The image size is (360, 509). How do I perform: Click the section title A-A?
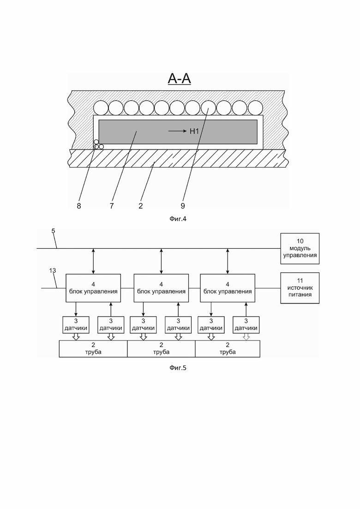(179, 78)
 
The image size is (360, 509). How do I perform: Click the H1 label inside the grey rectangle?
(194, 131)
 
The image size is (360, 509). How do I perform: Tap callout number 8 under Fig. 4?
(79, 206)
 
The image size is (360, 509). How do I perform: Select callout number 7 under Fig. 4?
(112, 206)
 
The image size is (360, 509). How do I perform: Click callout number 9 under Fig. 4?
(183, 206)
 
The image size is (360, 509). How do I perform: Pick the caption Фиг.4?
(178, 219)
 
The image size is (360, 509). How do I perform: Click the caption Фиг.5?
(178, 368)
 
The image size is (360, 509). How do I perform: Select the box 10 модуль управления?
(300, 248)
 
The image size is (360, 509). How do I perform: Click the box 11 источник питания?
(300, 288)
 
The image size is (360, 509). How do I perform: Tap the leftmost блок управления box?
(93, 288)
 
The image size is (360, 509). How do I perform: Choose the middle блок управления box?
(162, 288)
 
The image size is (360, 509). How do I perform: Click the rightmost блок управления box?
(228, 288)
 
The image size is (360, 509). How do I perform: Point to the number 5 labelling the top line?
(53, 231)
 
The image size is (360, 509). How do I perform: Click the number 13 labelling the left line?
(53, 270)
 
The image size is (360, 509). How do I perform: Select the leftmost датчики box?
(76, 324)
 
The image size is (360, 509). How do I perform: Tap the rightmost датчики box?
(246, 324)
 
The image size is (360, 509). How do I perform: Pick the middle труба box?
(162, 348)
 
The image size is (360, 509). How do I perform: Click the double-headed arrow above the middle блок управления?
(162, 261)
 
